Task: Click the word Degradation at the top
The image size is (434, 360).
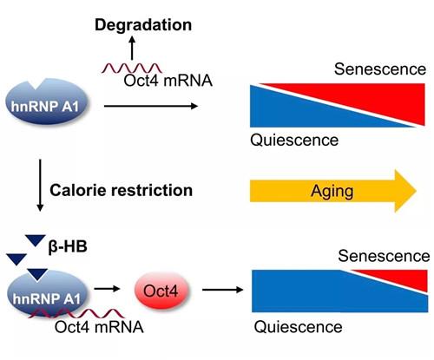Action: [x=143, y=25]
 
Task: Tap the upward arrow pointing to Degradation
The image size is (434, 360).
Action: [x=132, y=48]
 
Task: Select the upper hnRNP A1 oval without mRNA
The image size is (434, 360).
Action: [x=46, y=101]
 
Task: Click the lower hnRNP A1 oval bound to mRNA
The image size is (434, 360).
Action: [x=47, y=293]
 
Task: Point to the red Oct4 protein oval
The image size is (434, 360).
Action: [x=161, y=291]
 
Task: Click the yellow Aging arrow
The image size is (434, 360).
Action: [x=333, y=191]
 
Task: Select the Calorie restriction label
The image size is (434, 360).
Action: [x=121, y=190]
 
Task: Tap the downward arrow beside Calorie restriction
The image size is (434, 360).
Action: [x=40, y=185]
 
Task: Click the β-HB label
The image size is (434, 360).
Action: [x=68, y=246]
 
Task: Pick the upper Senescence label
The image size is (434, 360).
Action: [x=380, y=69]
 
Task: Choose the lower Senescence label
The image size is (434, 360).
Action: [x=384, y=256]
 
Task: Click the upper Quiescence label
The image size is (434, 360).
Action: [x=294, y=140]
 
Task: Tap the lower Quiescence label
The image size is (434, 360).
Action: [x=298, y=327]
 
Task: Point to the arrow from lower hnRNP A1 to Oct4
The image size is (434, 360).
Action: [x=107, y=288]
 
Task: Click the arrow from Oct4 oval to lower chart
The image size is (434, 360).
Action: [x=222, y=290]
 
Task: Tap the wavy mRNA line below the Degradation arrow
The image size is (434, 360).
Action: [x=132, y=69]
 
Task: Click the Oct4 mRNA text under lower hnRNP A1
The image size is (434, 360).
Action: [x=99, y=327]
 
